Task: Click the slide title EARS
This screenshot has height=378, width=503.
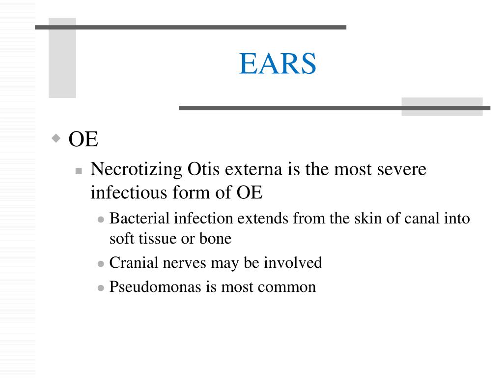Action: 278,64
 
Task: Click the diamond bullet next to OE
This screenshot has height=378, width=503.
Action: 57,138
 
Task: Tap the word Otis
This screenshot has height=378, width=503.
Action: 204,170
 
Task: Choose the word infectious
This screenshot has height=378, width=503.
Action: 125,193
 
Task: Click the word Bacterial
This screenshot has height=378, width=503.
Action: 140,218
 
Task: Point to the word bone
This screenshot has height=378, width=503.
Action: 215,239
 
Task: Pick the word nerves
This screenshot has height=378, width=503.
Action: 187,263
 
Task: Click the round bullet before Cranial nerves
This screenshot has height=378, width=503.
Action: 101,264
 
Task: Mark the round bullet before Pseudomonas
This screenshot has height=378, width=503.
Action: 101,288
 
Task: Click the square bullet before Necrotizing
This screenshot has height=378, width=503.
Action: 79,171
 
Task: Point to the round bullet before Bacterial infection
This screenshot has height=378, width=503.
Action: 101,219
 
